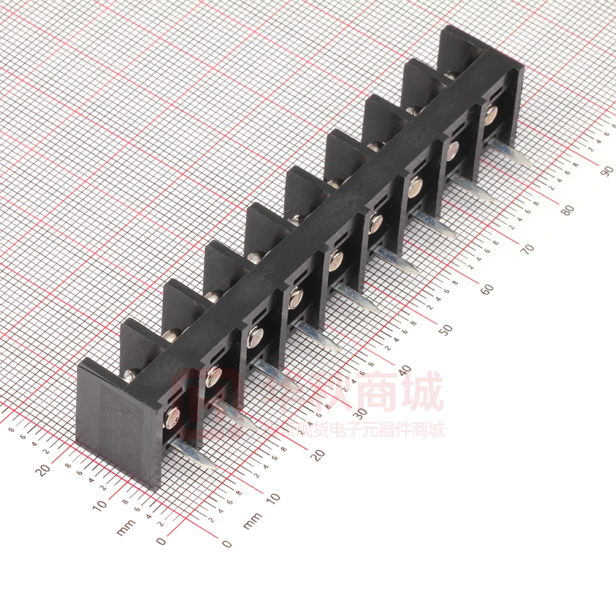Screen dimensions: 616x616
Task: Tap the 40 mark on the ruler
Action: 404,370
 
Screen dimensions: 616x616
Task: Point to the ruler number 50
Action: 446,330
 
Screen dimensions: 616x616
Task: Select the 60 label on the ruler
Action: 487,290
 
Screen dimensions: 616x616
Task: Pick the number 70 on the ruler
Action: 527,250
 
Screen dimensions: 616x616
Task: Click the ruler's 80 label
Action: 567,210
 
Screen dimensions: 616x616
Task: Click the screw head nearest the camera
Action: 171,413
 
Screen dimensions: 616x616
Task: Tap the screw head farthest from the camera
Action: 491,115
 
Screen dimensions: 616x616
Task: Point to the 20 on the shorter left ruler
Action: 42,470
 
